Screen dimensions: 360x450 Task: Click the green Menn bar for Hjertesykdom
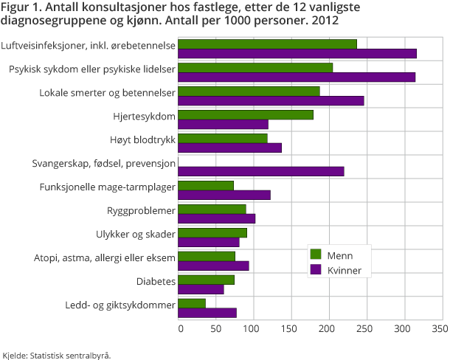pos(246,114)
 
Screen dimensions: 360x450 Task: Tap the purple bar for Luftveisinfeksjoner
pos(297,53)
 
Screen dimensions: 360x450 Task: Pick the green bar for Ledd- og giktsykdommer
pos(192,303)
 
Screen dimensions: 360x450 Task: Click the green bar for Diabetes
pos(207,280)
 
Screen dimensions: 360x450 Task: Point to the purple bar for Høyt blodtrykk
pos(230,148)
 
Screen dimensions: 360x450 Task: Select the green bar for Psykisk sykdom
pos(255,67)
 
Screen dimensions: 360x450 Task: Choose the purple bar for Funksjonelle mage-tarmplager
pos(224,195)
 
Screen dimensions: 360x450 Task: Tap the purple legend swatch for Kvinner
pos(316,270)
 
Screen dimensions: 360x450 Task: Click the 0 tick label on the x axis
pos(179,326)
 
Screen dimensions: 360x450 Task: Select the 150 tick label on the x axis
pos(291,326)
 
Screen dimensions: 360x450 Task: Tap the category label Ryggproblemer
pos(140,210)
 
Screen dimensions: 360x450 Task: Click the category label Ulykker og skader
pos(134,234)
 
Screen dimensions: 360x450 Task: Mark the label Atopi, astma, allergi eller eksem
pos(105,257)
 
